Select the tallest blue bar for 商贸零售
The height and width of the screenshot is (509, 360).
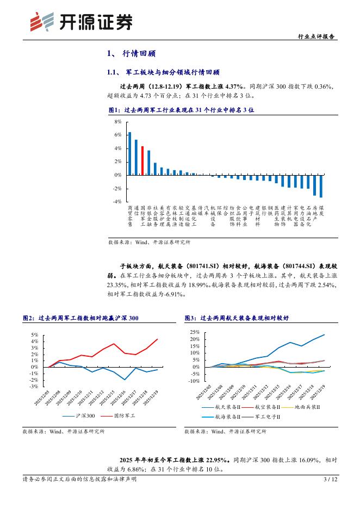pyautogui.click(x=129, y=153)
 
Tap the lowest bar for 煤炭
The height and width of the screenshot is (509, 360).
pyautogui.click(x=321, y=186)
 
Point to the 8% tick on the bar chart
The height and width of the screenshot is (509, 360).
pyautogui.click(x=118, y=122)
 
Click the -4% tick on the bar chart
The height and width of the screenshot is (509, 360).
pyautogui.click(x=117, y=202)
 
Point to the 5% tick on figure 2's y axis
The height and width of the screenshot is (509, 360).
pyautogui.click(x=34, y=335)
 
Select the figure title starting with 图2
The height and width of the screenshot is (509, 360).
pyautogui.click(x=80, y=318)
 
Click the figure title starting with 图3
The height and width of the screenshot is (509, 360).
pyautogui.click(x=237, y=318)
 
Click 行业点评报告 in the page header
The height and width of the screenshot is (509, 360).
pyautogui.click(x=317, y=36)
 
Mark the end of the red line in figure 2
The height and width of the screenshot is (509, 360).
pyautogui.click(x=158, y=339)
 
